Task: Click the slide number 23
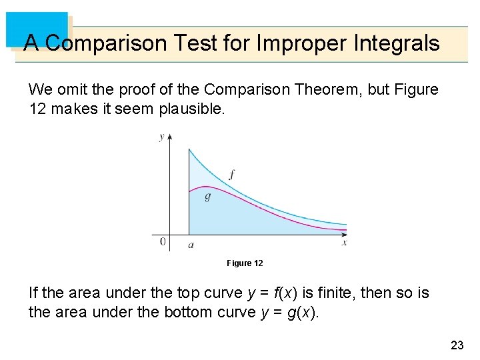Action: (x=457, y=345)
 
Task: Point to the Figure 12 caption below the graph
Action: (x=245, y=263)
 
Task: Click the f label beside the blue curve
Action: (x=231, y=175)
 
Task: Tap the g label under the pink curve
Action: (x=207, y=197)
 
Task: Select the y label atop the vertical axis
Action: (x=161, y=137)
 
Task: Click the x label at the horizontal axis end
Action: (x=345, y=243)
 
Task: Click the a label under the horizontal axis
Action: (x=191, y=245)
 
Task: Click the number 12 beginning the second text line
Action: (x=37, y=109)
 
